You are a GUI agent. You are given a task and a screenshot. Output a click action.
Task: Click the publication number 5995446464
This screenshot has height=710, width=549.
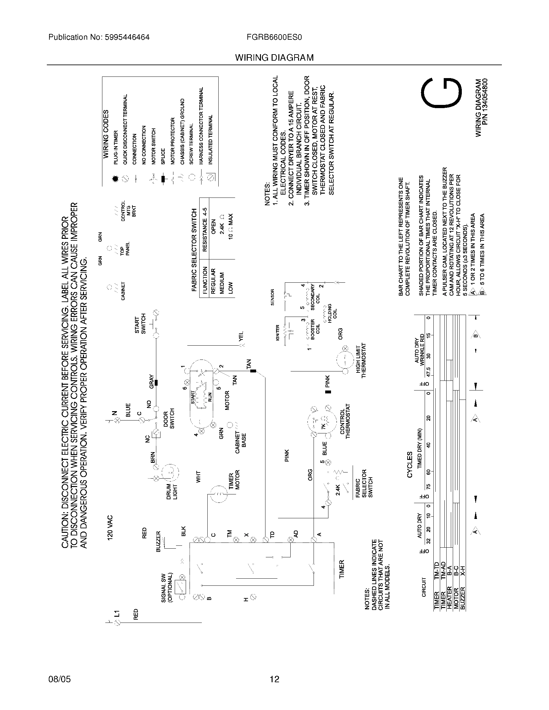(x=127, y=37)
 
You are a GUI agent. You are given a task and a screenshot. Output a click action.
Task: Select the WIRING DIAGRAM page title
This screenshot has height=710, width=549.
(x=274, y=58)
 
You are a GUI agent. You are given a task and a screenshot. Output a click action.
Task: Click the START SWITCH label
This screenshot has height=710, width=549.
(x=140, y=325)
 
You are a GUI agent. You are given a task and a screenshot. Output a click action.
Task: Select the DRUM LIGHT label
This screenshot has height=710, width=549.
(x=172, y=492)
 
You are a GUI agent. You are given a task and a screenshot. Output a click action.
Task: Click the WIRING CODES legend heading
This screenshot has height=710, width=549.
(x=106, y=134)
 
